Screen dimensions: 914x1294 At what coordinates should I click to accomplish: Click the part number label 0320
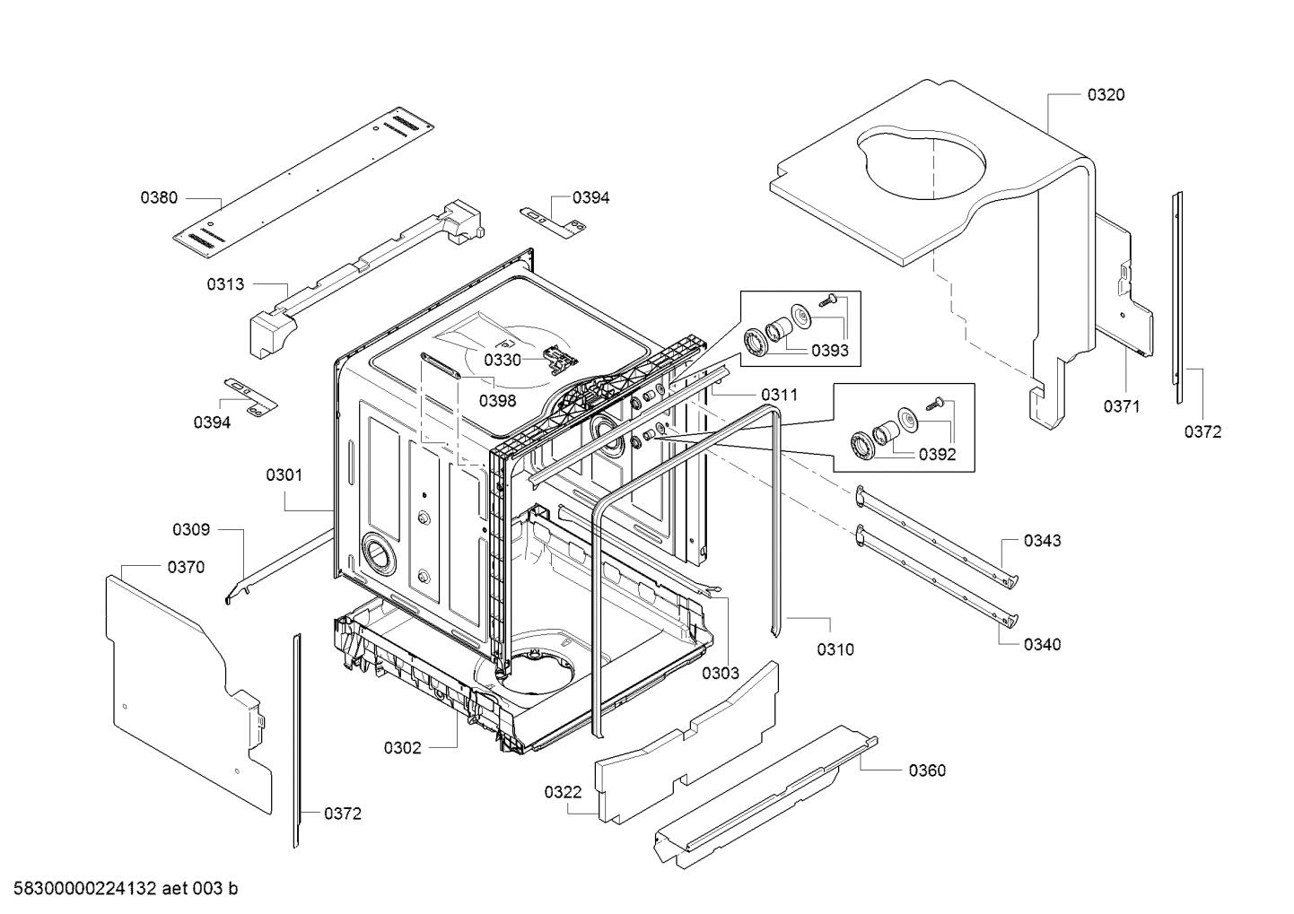(x=1106, y=95)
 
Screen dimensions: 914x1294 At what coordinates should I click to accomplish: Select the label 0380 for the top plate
(x=159, y=198)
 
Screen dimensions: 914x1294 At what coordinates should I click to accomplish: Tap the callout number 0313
(x=225, y=284)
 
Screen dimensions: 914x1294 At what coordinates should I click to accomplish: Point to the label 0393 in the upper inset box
(x=829, y=351)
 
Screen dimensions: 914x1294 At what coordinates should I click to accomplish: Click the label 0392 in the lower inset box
(x=937, y=455)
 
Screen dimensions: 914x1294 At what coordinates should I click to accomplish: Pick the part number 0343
(x=1042, y=541)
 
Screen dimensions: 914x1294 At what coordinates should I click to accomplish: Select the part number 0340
(x=1042, y=644)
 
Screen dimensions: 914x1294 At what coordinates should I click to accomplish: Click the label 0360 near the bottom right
(x=927, y=770)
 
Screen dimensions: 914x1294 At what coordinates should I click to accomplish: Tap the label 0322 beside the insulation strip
(x=563, y=792)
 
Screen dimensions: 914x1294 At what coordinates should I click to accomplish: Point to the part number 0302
(x=402, y=748)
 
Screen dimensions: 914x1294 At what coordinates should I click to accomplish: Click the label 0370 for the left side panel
(x=186, y=567)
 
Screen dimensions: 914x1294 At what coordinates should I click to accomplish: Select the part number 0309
(x=191, y=530)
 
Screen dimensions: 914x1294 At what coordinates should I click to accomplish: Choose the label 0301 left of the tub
(x=284, y=475)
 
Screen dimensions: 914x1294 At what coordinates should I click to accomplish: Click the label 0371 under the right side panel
(x=1121, y=406)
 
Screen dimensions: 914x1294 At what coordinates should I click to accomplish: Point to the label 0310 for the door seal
(x=835, y=649)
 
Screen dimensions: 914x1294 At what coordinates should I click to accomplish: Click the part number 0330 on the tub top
(x=502, y=361)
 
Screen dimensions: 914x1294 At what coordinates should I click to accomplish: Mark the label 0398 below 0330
(x=496, y=401)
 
